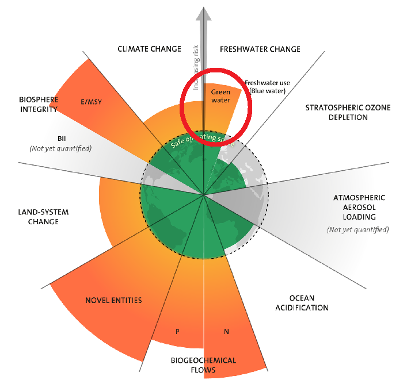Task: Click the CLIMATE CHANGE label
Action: [x=149, y=49]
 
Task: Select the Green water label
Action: [x=220, y=96]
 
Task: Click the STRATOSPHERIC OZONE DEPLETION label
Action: [x=336, y=113]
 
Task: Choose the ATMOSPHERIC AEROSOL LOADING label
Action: [x=359, y=208]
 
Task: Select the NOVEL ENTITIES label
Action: [x=113, y=300]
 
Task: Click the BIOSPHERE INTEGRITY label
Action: [x=35, y=104]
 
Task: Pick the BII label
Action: [x=62, y=139]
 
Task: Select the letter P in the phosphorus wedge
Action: [x=178, y=331]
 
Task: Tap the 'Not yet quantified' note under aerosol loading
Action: [x=357, y=229]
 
